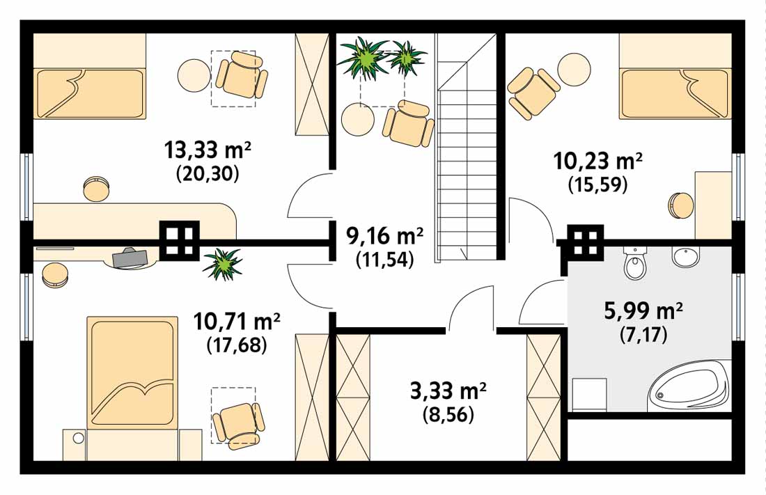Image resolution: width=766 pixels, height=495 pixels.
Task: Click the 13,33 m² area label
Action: pyautogui.click(x=208, y=150)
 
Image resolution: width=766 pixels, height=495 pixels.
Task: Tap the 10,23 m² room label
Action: pyautogui.click(x=597, y=160)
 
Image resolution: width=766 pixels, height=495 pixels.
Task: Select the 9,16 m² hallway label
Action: pyautogui.click(x=384, y=236)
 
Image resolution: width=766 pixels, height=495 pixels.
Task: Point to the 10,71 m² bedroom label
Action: pyautogui.click(x=237, y=321)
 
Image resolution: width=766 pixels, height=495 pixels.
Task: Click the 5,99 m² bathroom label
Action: pyautogui.click(x=643, y=311)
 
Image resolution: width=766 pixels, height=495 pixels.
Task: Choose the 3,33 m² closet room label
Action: pyautogui.click(x=448, y=391)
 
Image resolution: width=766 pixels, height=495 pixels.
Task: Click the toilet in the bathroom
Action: pyautogui.click(x=636, y=262)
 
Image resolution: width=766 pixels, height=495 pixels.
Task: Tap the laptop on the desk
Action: pyautogui.click(x=130, y=258)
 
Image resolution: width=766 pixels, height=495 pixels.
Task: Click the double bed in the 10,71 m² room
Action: pyautogui.click(x=132, y=373)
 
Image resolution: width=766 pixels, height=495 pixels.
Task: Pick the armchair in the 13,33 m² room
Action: pyautogui.click(x=242, y=77)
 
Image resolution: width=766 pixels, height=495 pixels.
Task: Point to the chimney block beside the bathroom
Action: pyautogui.click(x=585, y=242)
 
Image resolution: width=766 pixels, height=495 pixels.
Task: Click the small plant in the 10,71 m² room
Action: pyautogui.click(x=222, y=263)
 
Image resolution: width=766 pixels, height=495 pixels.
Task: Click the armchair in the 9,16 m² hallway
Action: pyautogui.click(x=408, y=123)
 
